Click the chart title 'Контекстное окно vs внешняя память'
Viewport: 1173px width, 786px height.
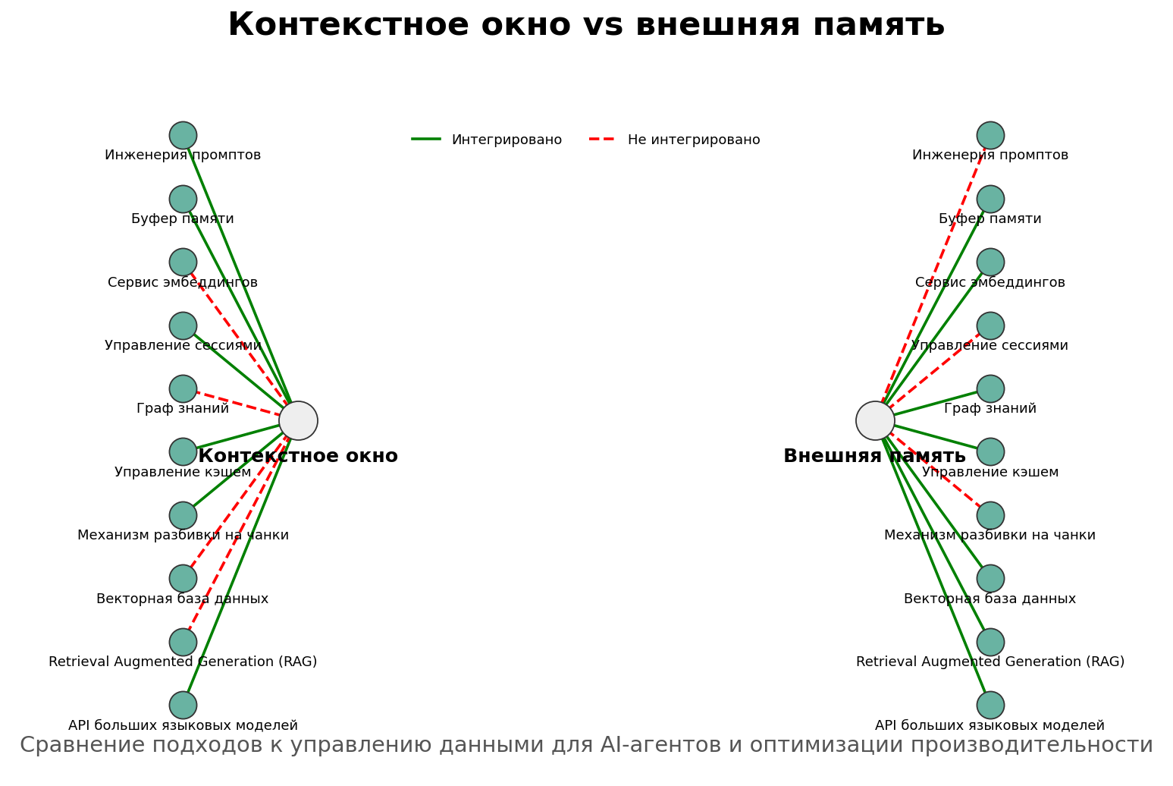click(586, 25)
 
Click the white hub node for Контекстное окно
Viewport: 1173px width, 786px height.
click(298, 420)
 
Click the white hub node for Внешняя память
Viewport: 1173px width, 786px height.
click(875, 420)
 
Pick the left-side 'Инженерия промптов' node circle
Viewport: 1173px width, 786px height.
click(183, 135)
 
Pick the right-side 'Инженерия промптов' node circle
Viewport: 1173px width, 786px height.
click(990, 135)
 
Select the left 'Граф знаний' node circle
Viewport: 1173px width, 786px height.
click(183, 388)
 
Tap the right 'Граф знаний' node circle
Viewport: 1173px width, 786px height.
click(990, 388)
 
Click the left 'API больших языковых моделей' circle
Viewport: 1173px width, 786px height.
click(183, 705)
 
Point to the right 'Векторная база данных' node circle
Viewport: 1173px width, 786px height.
click(990, 578)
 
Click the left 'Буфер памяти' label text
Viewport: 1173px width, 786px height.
click(183, 219)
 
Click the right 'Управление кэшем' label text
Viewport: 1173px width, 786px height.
click(990, 473)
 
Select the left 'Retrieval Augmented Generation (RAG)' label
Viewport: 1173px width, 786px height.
click(183, 662)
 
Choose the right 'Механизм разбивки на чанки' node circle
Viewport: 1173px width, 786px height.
click(990, 515)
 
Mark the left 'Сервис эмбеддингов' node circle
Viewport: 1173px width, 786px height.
click(183, 262)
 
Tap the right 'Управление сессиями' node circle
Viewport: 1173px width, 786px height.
click(990, 325)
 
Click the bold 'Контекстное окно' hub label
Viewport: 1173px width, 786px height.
click(298, 456)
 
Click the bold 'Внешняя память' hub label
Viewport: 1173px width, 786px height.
click(874, 456)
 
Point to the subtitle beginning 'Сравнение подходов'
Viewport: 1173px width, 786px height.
click(586, 745)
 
